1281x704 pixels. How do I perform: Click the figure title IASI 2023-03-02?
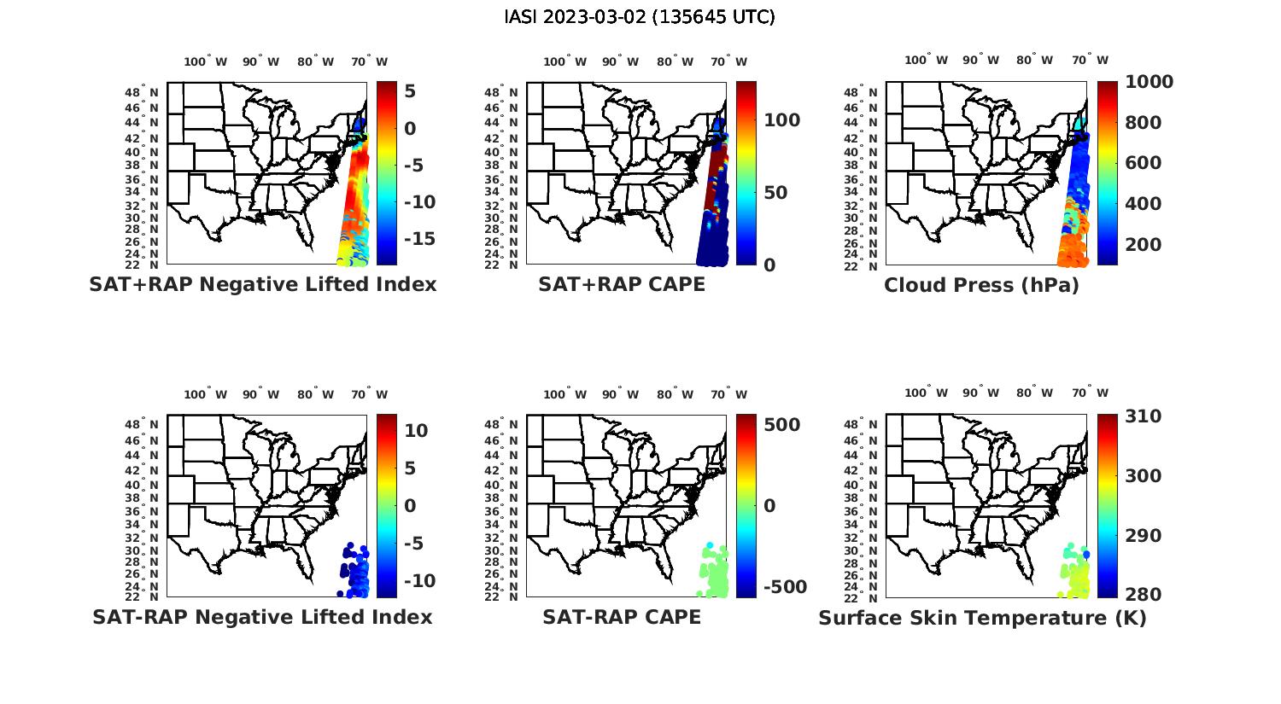tap(640, 17)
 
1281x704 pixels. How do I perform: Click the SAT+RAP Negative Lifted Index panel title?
tap(263, 285)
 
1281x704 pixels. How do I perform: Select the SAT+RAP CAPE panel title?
tap(622, 285)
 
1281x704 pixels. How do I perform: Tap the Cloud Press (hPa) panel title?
tap(981, 286)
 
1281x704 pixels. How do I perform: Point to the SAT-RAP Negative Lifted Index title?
tap(262, 617)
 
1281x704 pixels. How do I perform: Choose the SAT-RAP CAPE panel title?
tap(622, 617)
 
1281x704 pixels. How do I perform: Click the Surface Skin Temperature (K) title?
tap(982, 618)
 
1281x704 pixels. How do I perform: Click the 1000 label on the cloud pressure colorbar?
tap(1149, 82)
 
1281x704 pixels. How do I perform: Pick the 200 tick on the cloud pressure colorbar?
tap(1144, 245)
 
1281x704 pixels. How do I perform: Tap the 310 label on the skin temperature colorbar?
tap(1144, 416)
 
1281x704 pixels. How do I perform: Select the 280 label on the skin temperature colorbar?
tap(1144, 594)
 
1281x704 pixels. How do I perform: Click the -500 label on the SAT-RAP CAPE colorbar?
tap(783, 587)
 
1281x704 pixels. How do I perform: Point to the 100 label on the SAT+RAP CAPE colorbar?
tap(782, 120)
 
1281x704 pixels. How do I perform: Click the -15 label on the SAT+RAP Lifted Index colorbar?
tap(418, 238)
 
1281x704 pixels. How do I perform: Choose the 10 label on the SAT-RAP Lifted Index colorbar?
tap(416, 431)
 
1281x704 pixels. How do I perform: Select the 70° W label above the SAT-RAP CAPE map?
tap(728, 394)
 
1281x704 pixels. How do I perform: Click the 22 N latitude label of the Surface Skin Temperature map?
tap(861, 596)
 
